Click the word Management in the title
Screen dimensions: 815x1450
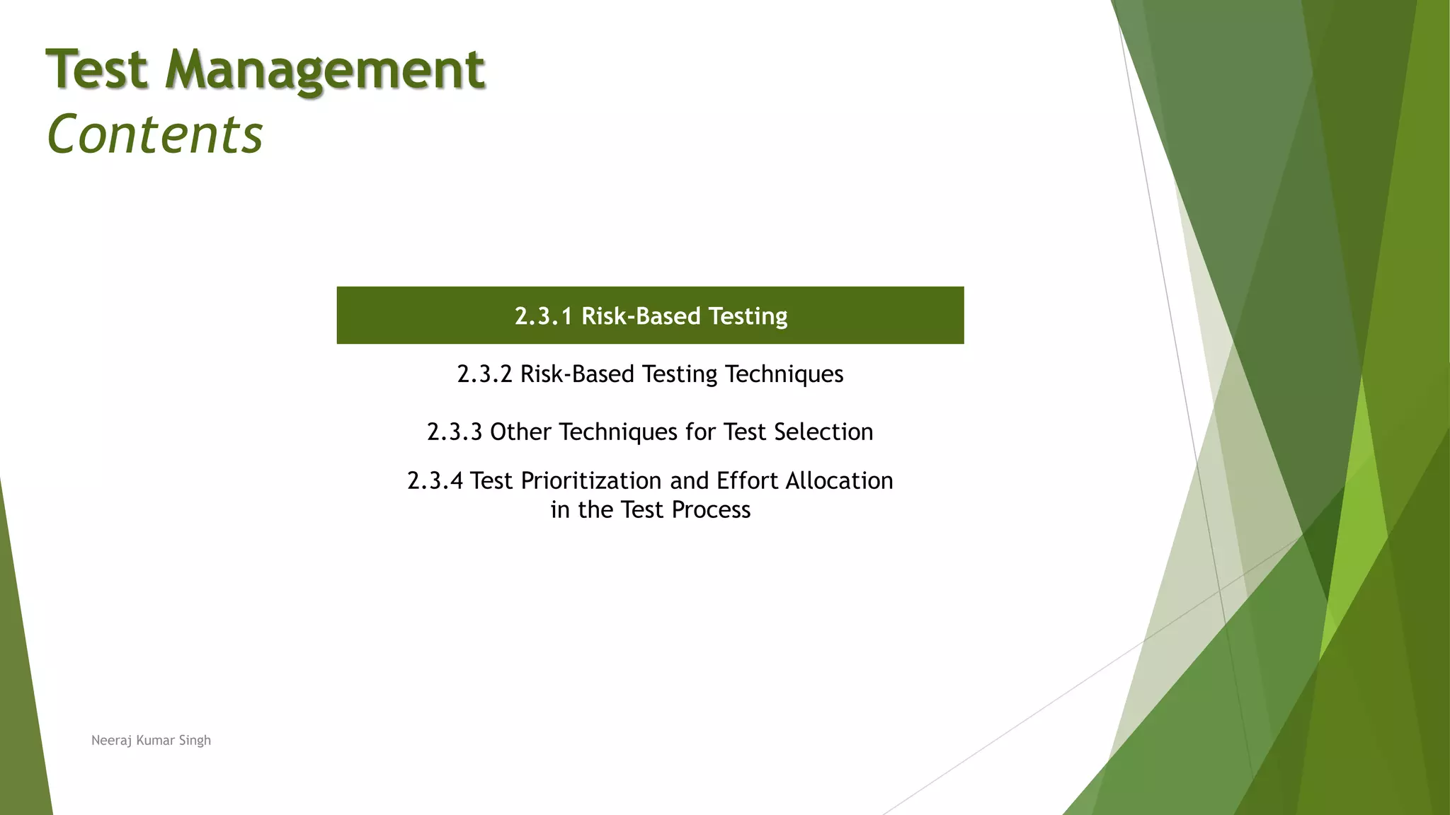(325, 71)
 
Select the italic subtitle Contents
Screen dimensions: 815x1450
(155, 134)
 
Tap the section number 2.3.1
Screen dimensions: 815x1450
(543, 316)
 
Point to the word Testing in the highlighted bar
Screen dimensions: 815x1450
(748, 316)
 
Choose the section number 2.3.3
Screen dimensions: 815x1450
(455, 432)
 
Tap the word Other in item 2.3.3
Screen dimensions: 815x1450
(520, 432)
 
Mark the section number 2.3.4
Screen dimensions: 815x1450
(435, 481)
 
